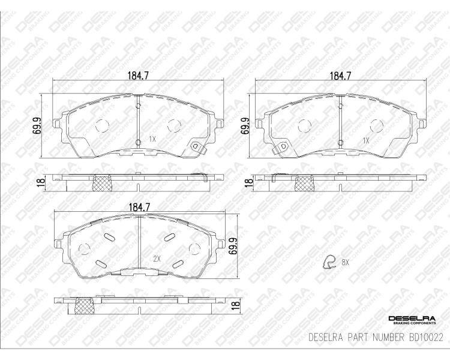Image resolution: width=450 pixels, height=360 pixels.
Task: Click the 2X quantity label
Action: coord(157,259)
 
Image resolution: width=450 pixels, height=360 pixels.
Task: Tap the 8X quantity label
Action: coord(345,262)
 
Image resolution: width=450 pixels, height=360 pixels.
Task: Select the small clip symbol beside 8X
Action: coord(329,262)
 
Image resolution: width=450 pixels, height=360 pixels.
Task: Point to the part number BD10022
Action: coord(425,337)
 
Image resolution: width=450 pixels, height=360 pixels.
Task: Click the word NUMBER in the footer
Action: coord(388,337)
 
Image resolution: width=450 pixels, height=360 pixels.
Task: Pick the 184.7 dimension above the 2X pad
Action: coord(139,207)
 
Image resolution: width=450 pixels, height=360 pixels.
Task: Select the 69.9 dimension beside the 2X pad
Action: coord(233,246)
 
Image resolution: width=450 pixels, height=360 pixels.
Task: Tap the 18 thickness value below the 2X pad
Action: coord(235,305)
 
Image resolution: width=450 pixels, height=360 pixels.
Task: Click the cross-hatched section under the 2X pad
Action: coord(85,305)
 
